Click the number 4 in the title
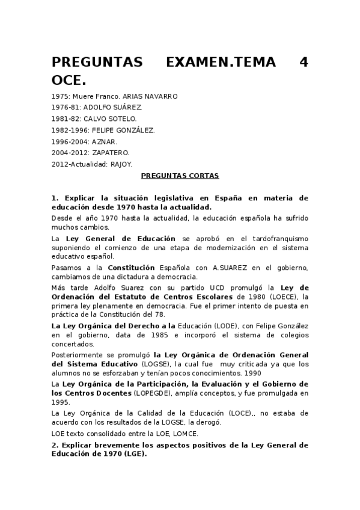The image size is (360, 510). click(x=304, y=63)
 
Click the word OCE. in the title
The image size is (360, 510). click(x=70, y=80)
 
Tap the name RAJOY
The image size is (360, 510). click(x=121, y=164)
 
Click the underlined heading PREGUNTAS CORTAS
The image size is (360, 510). click(x=180, y=176)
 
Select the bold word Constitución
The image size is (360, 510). click(x=133, y=267)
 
